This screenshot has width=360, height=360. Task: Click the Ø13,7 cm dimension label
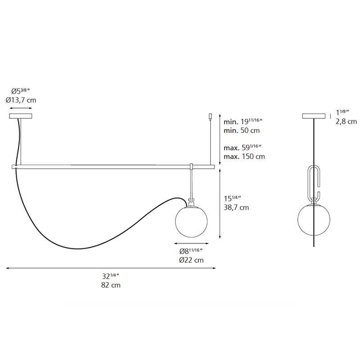[x=21, y=100]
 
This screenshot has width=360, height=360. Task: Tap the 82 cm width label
[x=110, y=285]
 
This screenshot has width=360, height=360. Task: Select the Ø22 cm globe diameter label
[x=191, y=260]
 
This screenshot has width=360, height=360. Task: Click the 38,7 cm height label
[x=236, y=207]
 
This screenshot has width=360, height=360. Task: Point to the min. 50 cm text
[x=242, y=130]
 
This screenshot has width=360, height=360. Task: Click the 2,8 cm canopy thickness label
[x=346, y=121]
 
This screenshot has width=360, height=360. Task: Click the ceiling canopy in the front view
[x=21, y=117]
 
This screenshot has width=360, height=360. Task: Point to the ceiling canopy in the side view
[x=314, y=117]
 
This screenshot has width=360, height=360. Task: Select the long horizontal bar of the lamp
[x=112, y=166]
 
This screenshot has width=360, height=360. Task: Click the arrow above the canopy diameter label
[x=21, y=108]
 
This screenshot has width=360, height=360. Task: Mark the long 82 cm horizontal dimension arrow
[x=110, y=268]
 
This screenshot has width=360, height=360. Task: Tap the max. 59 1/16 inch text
[x=243, y=147]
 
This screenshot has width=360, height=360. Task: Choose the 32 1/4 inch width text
[x=110, y=277]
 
